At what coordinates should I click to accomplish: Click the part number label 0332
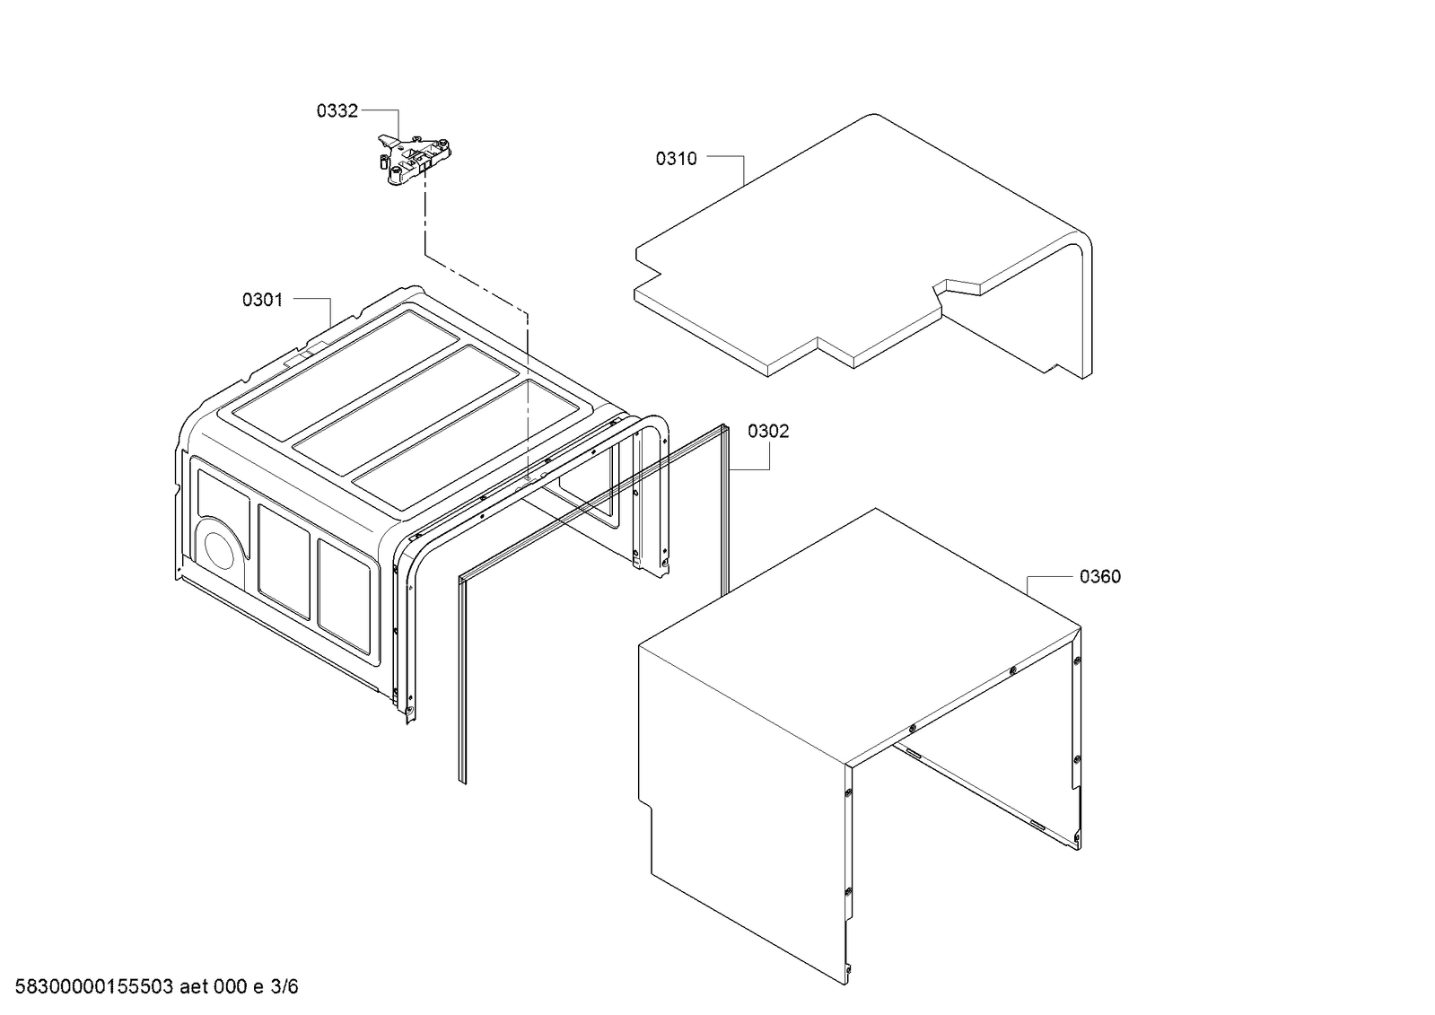click(337, 110)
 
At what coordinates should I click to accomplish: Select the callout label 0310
click(676, 159)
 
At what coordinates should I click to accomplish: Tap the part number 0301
click(262, 300)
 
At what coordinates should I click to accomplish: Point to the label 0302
click(768, 431)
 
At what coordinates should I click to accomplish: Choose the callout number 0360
click(1099, 576)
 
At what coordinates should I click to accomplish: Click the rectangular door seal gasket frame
click(460, 682)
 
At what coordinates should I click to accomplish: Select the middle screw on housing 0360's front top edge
click(912, 703)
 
